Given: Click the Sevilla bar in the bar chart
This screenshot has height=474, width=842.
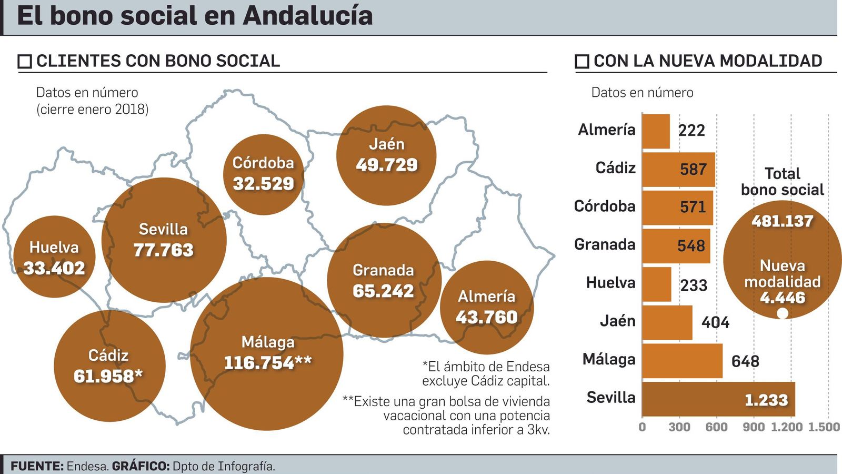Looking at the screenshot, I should [718, 399].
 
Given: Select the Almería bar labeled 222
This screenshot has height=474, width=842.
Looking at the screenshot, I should [656, 131].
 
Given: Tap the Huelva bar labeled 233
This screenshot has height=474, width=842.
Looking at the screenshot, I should [657, 284].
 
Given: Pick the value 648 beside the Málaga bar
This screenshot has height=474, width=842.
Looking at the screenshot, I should [745, 361].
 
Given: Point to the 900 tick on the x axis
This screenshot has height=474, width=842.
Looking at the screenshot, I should [753, 427].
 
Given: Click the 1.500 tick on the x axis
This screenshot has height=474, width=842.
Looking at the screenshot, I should [824, 427].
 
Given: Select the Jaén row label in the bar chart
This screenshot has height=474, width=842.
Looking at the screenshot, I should [617, 321].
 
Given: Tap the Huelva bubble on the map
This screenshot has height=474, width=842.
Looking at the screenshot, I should [54, 256].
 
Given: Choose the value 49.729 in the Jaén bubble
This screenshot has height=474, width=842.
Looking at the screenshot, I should [387, 165].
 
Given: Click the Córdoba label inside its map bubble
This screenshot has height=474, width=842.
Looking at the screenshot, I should [263, 163].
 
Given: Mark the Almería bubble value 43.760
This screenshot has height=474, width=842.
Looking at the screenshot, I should [487, 317].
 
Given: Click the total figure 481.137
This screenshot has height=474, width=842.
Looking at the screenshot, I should [782, 221].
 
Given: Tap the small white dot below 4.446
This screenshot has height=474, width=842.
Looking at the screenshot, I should [783, 313].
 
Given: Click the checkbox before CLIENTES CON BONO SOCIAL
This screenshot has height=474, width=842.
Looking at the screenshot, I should [25, 62].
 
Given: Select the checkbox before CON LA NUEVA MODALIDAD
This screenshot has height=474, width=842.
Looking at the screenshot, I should [582, 62].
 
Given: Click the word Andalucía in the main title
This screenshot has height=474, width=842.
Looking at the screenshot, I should [307, 16].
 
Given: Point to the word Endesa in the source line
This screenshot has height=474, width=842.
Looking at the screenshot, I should [87, 466].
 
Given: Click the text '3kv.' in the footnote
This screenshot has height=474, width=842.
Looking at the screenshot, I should [538, 430].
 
